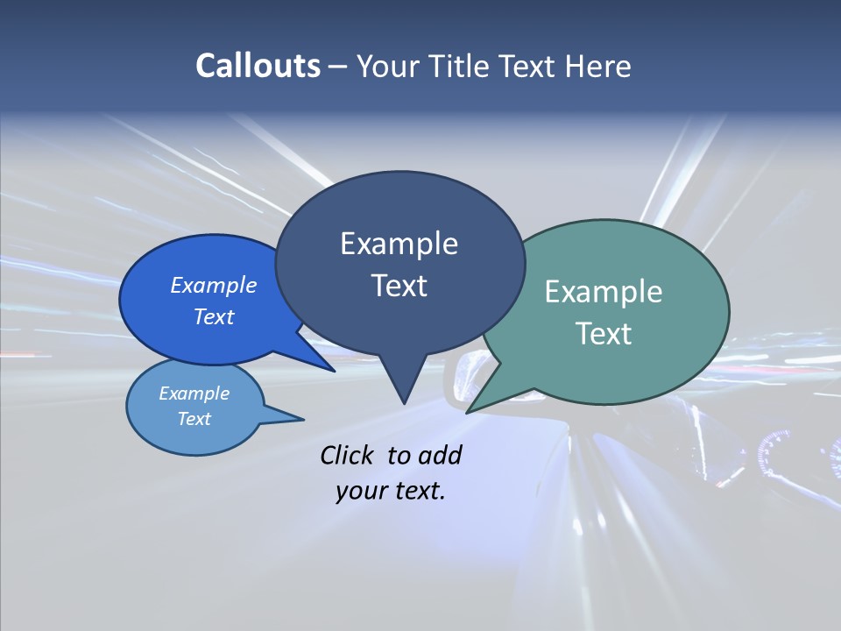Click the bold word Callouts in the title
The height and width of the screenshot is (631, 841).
[x=258, y=66]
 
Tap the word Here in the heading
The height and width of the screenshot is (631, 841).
[x=599, y=66]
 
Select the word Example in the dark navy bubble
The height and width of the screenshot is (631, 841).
[x=399, y=244]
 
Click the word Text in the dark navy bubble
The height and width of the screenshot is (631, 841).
[x=399, y=286]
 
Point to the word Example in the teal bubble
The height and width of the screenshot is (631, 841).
[x=604, y=292]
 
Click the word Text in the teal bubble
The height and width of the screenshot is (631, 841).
[x=604, y=334]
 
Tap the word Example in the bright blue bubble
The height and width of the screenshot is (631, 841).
[x=214, y=285]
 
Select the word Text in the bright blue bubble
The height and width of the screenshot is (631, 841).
[x=214, y=316]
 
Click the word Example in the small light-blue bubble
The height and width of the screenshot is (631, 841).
[x=194, y=393]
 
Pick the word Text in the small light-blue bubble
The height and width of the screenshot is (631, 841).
[x=194, y=419]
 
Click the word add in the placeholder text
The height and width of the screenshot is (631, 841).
[x=440, y=455]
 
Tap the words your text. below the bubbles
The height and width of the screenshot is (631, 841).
[x=391, y=491]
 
